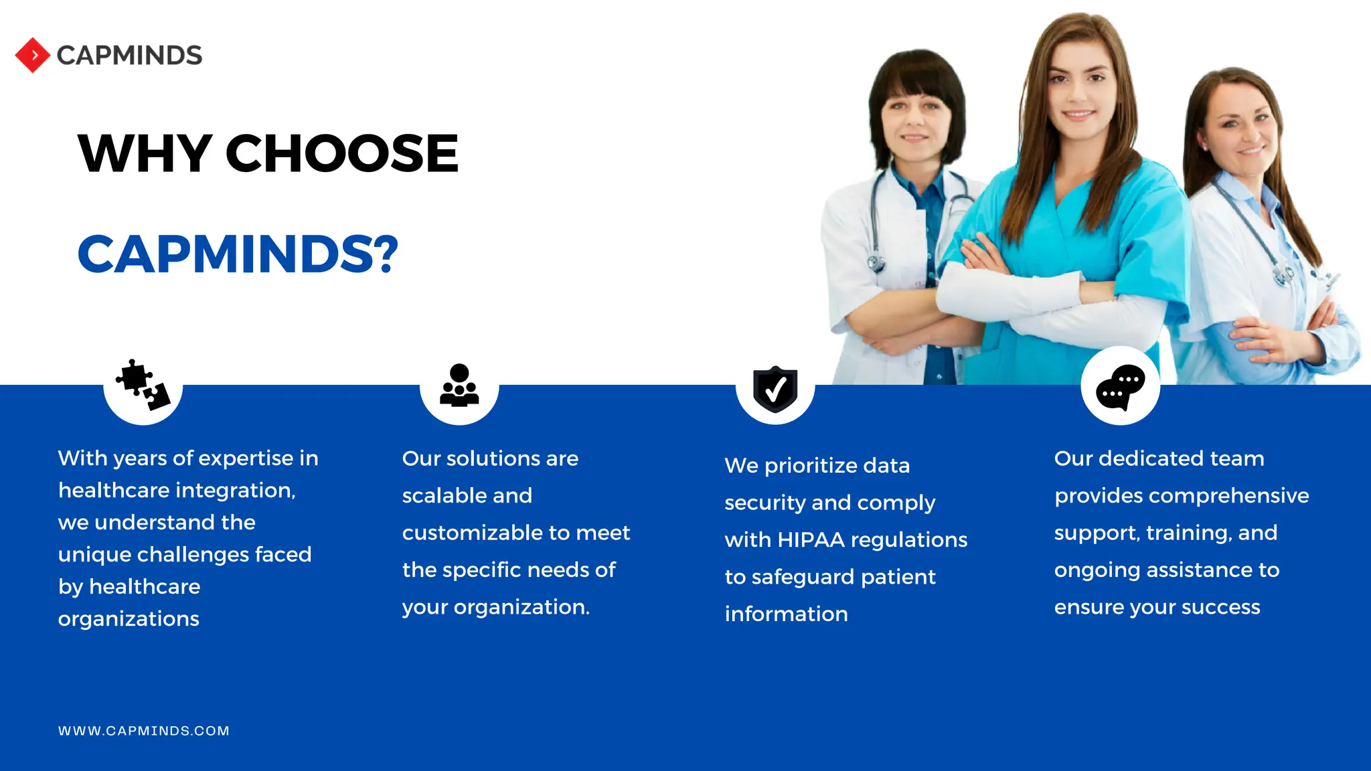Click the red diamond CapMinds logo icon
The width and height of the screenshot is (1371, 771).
[x=32, y=56]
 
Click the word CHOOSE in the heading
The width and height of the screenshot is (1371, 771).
[x=342, y=154]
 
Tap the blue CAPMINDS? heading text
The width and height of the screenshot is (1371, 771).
[x=238, y=254]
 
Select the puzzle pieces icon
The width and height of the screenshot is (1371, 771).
[x=143, y=385]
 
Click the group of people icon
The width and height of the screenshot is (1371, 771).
[x=459, y=385]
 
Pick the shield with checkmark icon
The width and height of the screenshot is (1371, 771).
[x=775, y=388]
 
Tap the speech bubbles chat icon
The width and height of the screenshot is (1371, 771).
[x=1120, y=387]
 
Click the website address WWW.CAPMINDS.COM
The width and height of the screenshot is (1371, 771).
[x=144, y=731]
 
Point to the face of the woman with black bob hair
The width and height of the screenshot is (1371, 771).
[x=915, y=120]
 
